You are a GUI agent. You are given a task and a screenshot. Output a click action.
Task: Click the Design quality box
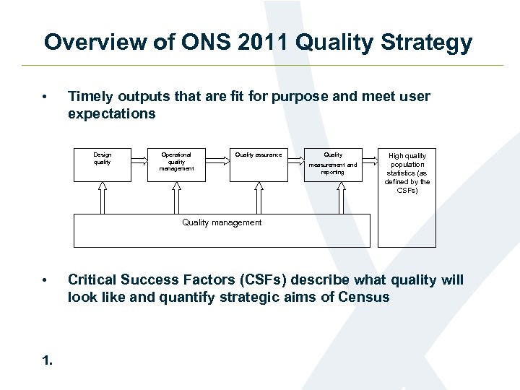(102, 165)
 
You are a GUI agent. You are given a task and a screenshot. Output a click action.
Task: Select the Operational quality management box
(176, 165)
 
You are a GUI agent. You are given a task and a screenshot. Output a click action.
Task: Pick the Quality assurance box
(259, 165)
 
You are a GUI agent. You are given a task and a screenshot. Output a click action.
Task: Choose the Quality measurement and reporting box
(333, 165)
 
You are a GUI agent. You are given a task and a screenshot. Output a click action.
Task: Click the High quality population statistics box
(407, 177)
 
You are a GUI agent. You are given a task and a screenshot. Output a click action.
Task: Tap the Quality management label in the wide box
(222, 222)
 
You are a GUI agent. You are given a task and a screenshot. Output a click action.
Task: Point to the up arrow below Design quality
(103, 197)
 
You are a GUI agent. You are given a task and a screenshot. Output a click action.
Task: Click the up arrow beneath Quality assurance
(258, 197)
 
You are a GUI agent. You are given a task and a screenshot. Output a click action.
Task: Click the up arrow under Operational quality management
(177, 197)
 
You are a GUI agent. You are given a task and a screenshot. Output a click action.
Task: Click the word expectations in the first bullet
(111, 114)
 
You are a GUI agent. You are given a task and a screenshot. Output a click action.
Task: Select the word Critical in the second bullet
(92, 280)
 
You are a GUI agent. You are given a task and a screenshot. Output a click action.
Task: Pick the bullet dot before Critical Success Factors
(45, 280)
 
